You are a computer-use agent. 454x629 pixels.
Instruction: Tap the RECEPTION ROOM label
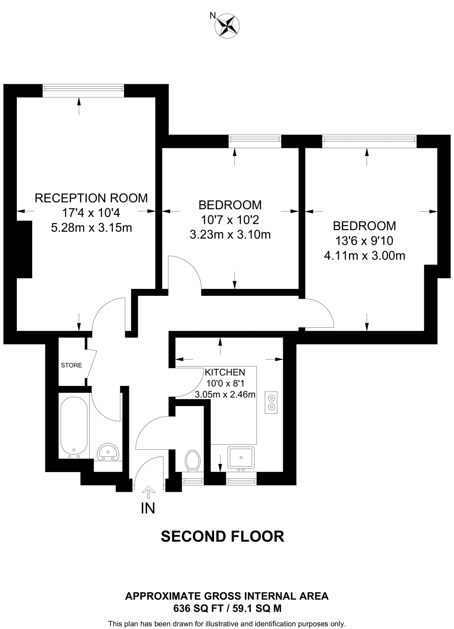tap(91, 198)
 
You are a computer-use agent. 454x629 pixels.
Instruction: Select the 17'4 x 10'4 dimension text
tap(91, 213)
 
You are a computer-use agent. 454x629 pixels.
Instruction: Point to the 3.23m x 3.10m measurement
tap(230, 235)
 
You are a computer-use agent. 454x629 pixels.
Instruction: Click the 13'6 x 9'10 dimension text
tap(364, 241)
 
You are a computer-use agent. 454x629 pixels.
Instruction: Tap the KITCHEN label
tap(225, 372)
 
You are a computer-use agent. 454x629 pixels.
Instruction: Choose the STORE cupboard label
tap(72, 365)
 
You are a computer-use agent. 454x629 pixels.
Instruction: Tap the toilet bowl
tap(193, 461)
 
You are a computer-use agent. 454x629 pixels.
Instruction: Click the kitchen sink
tap(241, 458)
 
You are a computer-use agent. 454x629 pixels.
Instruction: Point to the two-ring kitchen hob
tap(271, 403)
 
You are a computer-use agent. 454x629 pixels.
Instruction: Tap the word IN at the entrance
tap(148, 508)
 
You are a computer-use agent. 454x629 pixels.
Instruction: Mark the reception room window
tap(83, 88)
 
